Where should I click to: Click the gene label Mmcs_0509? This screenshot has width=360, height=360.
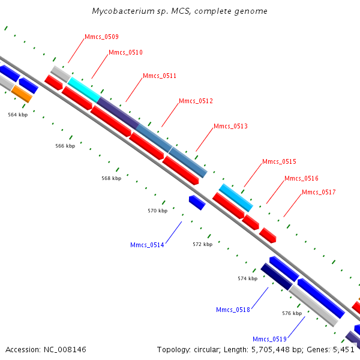pos(102,37)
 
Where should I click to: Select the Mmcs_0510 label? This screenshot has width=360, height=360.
pos(125,53)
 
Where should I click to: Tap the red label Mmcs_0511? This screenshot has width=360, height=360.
pos(160,76)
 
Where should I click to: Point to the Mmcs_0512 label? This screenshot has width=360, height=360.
pos(196,101)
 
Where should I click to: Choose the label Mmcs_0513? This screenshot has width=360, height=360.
pos(231,127)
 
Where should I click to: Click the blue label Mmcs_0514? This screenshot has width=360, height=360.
pos(147,245)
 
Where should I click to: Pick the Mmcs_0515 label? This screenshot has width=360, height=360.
pos(279,162)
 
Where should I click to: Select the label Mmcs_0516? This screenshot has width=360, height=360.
pos(301,179)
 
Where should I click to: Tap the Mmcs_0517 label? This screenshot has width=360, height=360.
pos(319,193)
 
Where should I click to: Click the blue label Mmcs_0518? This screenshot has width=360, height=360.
pos(233,310)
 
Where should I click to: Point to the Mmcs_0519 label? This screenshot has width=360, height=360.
pos(270,340)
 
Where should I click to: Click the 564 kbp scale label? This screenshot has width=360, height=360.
pos(18,115)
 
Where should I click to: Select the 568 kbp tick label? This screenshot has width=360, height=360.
pos(112,178)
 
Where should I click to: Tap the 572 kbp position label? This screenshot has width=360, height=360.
pos(203,245)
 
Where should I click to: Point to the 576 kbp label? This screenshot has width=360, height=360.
pos(292,313)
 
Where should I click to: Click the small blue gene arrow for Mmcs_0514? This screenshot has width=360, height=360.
pos(197,203)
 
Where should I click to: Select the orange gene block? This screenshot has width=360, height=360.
pos(22,94)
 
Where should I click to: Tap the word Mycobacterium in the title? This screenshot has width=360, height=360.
pos(123,11)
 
